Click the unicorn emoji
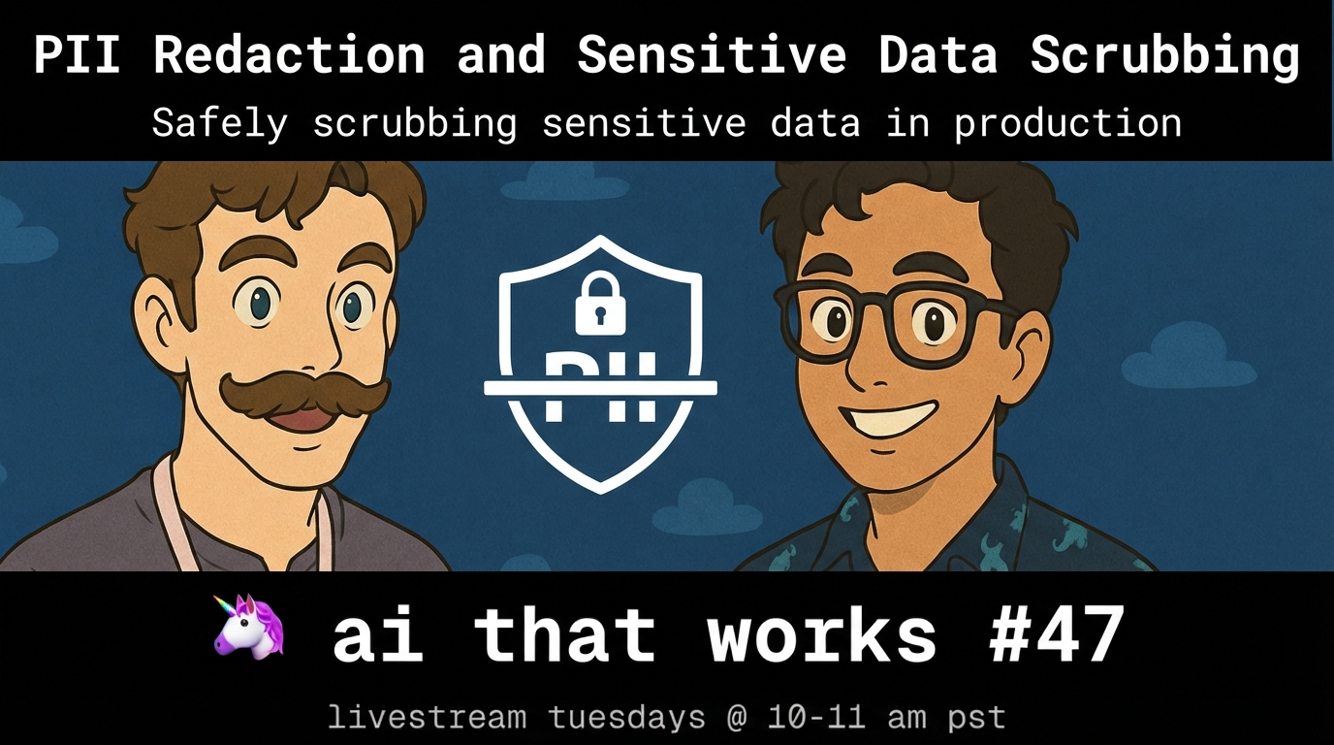pos(249,627)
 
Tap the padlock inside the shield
pos(600,303)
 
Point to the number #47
pos(1056,634)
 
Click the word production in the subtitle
pos(1068,124)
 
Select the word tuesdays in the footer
pos(626,717)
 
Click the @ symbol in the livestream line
pos(737,717)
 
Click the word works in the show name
pos(821,634)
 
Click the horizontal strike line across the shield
pos(600,388)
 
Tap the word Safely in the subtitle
pos(220,124)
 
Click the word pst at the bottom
pos(976,718)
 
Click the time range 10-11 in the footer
pos(816,717)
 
